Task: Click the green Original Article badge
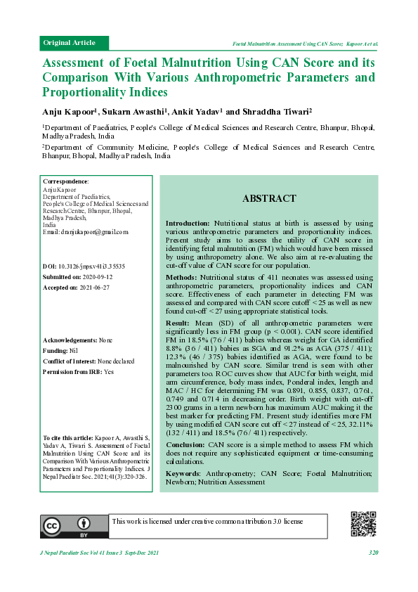coord(70,43)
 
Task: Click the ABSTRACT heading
coord(269,199)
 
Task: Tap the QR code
coord(363,524)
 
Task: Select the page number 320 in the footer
coord(373,553)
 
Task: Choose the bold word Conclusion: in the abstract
coord(185,445)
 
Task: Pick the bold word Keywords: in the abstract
coord(182,473)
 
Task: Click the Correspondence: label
coord(65,181)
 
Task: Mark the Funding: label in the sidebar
coord(56,349)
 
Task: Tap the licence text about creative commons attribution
coord(207,521)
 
